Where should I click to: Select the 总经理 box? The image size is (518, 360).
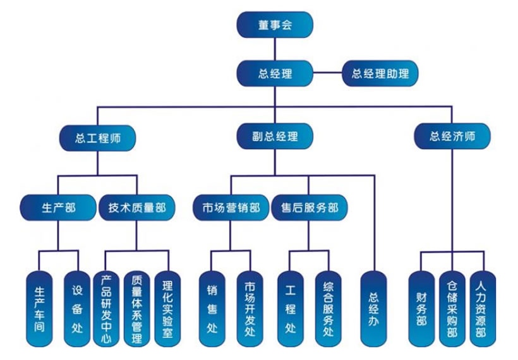click(x=275, y=73)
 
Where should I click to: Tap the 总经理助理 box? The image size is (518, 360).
click(x=380, y=73)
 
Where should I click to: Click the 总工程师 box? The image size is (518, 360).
click(x=97, y=137)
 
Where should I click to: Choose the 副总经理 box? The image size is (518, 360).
click(x=275, y=136)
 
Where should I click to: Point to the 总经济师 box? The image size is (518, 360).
click(x=452, y=136)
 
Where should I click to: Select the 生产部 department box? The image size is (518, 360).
click(x=58, y=207)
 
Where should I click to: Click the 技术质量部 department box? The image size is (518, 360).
click(x=137, y=207)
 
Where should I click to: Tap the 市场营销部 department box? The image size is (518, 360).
click(x=231, y=208)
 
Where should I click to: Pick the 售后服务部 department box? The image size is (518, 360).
click(x=310, y=208)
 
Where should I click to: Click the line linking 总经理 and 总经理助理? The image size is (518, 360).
click(x=327, y=73)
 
